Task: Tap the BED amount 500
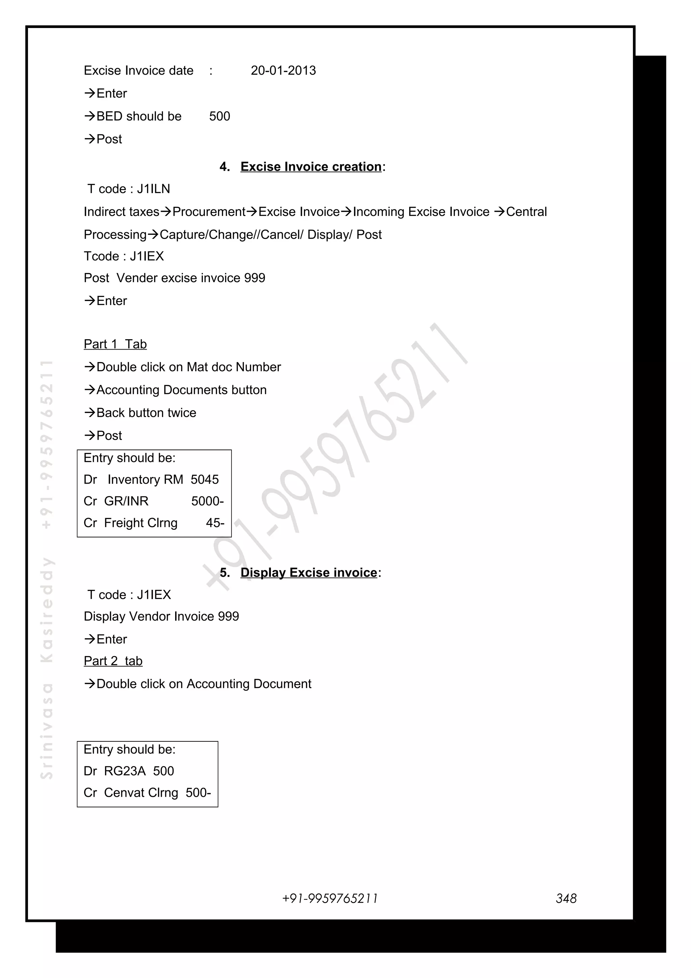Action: pos(219,116)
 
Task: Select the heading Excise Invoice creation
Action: pos(311,167)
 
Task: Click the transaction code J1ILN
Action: pos(153,189)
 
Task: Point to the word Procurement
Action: pos(209,212)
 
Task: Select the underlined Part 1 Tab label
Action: pos(115,344)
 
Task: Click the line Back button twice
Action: pos(146,413)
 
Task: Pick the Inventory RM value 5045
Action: pos(204,480)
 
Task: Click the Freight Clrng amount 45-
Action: pos(215,523)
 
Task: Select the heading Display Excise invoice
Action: pos(309,572)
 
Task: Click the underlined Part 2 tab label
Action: pos(113,661)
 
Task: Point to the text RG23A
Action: pos(125,771)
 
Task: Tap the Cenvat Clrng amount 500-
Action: pos(198,793)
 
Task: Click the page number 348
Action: pos(566,898)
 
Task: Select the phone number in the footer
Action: pos(330,898)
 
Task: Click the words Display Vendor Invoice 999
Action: pos(161,616)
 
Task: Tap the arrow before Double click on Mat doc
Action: pos(89,367)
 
